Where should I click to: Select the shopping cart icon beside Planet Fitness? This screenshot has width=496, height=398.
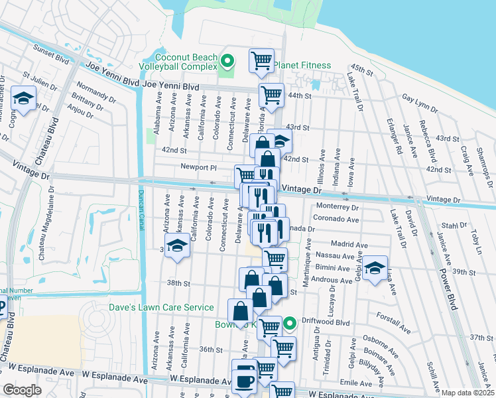pyautogui.click(x=262, y=61)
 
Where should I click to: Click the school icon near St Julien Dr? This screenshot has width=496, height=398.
pyautogui.click(x=24, y=100)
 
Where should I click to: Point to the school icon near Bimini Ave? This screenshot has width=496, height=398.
pyautogui.click(x=375, y=269)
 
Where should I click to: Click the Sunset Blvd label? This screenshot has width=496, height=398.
pyautogui.click(x=52, y=52)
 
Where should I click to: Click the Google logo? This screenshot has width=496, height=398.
pyautogui.click(x=23, y=390)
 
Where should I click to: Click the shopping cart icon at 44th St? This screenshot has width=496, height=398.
pyautogui.click(x=271, y=96)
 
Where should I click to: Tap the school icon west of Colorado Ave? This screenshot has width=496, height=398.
pyautogui.click(x=177, y=247)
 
